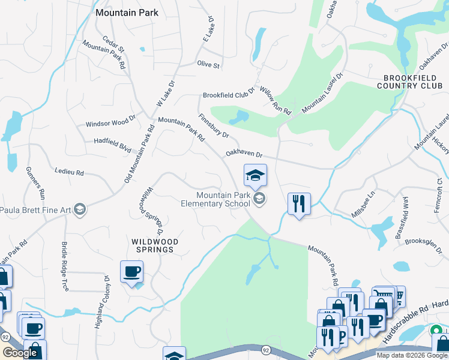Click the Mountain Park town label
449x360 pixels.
pos(127,12)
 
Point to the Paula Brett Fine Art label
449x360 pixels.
pos(37,209)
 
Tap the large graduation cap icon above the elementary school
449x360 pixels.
pos(255,175)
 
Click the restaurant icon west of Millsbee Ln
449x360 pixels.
pos(299,204)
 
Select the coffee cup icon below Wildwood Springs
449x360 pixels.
pos(132,272)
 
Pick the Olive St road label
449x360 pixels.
pos(208,64)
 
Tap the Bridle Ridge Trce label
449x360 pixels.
pos(64,266)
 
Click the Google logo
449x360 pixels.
pos(20,353)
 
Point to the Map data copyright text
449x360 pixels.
pos(411,355)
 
